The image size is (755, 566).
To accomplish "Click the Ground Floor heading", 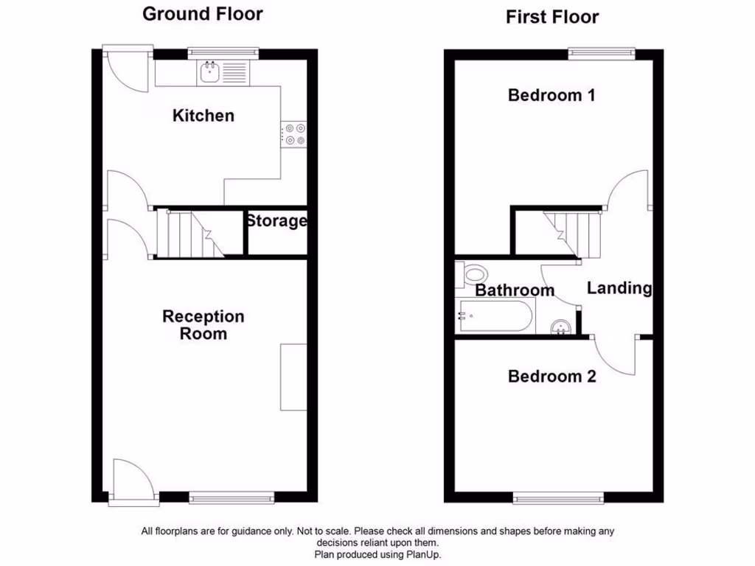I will [202, 13].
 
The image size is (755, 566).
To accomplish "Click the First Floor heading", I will [552, 17].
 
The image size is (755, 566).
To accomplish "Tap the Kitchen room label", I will [203, 116].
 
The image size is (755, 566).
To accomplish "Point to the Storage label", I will [276, 221].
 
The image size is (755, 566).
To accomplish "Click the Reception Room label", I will [203, 325].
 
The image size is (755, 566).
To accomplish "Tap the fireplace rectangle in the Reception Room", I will [293, 377].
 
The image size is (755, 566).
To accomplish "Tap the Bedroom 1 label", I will [552, 95].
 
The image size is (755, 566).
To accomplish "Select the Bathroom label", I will [514, 290].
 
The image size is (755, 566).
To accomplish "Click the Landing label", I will [619, 288].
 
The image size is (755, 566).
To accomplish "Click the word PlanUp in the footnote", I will [423, 554].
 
